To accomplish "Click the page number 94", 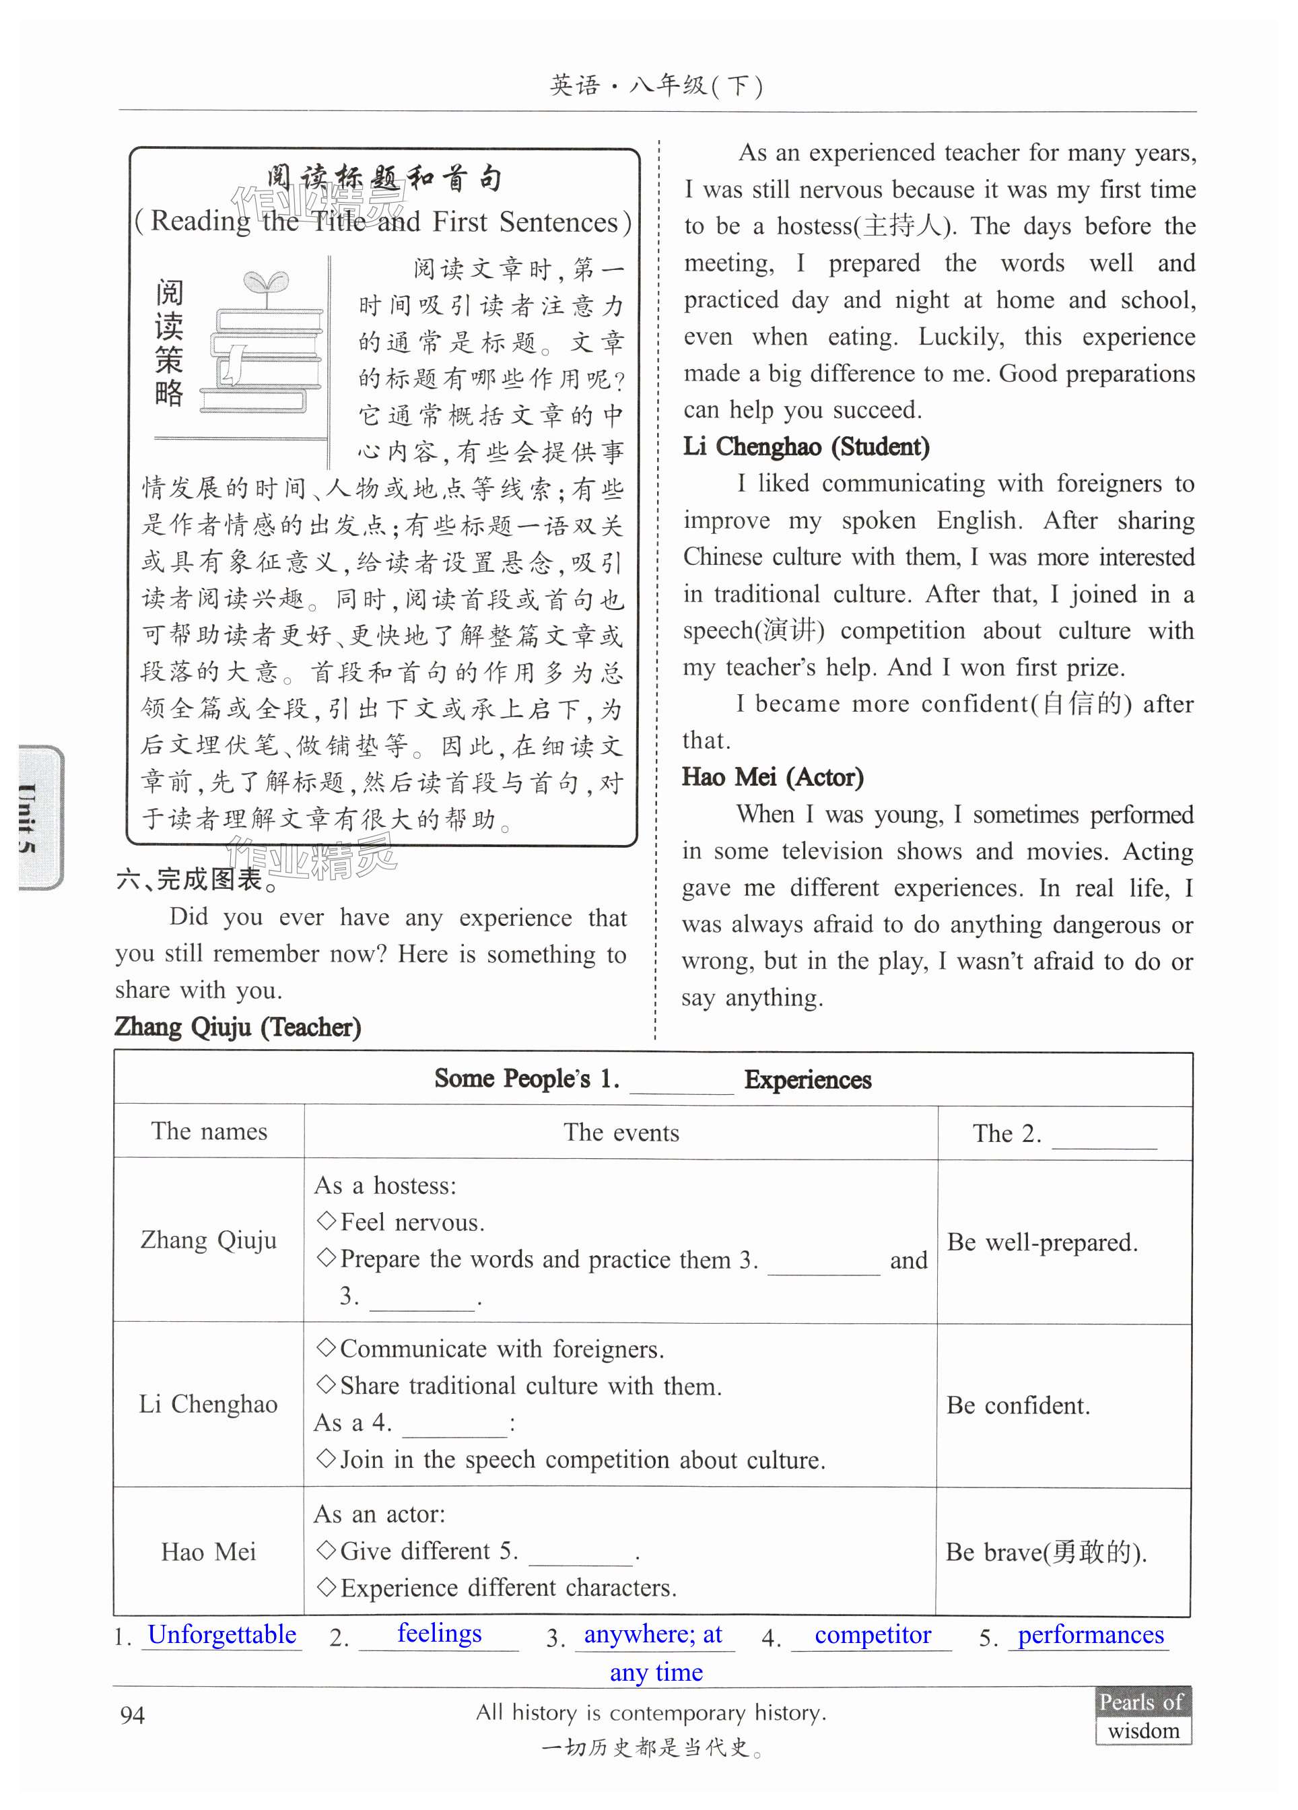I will (x=133, y=1714).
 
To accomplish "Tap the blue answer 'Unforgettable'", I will (x=221, y=1634).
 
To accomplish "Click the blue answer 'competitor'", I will (x=872, y=1634).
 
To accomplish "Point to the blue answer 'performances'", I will (x=1090, y=1634).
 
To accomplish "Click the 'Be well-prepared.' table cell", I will (x=1042, y=1242).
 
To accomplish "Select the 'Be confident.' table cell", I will (x=1018, y=1405).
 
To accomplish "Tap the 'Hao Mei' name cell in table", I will (x=208, y=1551).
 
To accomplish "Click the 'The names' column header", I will (x=209, y=1131).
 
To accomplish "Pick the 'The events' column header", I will (x=621, y=1132).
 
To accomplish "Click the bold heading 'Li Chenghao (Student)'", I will (x=806, y=446).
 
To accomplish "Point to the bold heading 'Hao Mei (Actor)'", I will (x=772, y=776).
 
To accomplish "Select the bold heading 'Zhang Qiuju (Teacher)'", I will (x=238, y=1026).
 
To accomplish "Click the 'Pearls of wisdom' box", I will (x=1142, y=1716).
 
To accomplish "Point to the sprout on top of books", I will (x=266, y=285).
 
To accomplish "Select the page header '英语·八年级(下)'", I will (x=656, y=86).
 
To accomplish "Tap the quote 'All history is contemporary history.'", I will (x=651, y=1712).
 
